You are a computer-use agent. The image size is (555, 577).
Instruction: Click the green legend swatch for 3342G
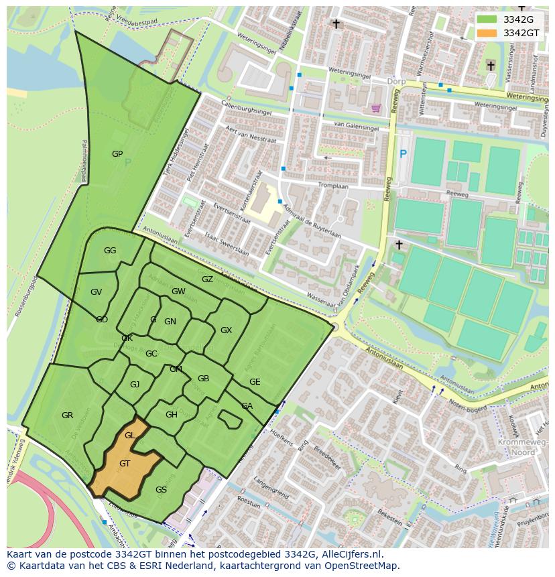click(487, 19)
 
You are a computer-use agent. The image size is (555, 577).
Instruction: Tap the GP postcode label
click(117, 154)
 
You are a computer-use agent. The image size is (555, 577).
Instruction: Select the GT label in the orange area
click(125, 464)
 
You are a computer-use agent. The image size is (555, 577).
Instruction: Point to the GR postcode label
click(67, 415)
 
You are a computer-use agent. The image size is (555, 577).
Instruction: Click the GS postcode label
click(161, 490)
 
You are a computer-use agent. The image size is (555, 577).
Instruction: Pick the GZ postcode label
click(207, 279)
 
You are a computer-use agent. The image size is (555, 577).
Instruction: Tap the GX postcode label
click(226, 330)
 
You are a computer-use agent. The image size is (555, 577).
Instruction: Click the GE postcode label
click(255, 382)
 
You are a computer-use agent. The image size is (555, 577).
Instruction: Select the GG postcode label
click(110, 251)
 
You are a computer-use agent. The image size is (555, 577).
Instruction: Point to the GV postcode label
click(96, 292)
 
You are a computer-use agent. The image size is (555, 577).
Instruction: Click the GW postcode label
click(178, 292)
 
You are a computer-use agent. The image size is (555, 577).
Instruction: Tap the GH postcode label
click(172, 415)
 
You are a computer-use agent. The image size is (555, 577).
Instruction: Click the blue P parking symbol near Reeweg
click(403, 154)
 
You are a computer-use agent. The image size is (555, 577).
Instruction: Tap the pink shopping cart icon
click(376, 108)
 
